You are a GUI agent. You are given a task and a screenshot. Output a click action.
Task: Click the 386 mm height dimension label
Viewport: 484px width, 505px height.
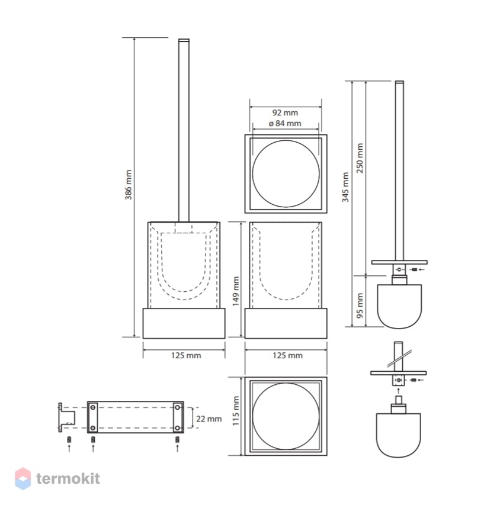point(128,185)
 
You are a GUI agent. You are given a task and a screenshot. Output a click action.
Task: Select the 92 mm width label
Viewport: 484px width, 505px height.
point(285,112)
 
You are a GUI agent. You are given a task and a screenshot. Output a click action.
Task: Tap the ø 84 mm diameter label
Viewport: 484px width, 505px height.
point(285,123)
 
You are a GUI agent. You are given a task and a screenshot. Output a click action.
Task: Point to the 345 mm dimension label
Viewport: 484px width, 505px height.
point(345,187)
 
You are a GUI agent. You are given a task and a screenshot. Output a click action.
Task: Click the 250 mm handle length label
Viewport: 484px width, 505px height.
point(360,158)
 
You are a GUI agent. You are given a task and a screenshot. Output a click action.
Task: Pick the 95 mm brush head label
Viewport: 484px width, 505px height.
point(360,305)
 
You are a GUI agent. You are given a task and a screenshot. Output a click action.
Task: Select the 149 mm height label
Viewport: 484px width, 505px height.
point(236,291)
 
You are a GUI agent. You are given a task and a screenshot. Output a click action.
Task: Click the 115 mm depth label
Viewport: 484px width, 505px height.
point(236,411)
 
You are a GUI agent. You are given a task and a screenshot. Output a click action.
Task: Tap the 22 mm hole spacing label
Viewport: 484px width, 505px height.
point(209,419)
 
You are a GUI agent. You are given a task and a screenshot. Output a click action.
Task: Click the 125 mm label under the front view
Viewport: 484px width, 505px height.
point(186,356)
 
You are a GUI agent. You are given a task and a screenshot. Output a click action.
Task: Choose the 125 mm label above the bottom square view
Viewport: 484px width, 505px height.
point(287,356)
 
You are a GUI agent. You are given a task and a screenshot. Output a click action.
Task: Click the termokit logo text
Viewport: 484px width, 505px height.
point(68,478)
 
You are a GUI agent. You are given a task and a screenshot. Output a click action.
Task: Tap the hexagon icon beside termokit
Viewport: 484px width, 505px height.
point(23,478)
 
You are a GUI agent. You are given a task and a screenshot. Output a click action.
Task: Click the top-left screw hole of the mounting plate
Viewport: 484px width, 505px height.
point(93,407)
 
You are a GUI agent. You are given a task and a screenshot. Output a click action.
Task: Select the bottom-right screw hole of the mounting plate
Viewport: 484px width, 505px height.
point(177,428)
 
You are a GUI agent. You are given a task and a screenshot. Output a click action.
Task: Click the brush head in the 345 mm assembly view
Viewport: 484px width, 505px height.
point(399,306)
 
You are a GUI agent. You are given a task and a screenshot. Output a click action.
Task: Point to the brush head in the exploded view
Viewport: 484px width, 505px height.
point(398,435)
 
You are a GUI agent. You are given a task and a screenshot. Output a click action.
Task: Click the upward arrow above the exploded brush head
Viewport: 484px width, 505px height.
point(398,391)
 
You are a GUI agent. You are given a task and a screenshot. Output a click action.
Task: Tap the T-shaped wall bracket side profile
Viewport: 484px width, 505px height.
point(66,417)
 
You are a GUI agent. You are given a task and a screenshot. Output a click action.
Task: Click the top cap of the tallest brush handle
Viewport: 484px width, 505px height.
point(184,40)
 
